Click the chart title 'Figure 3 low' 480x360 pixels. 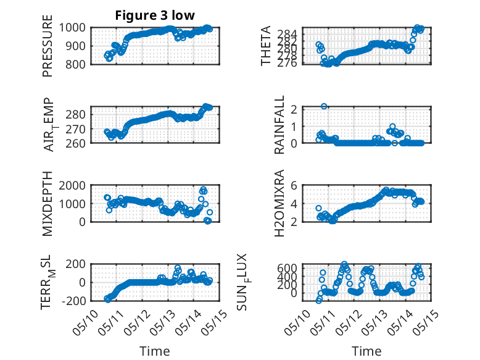point(155,15)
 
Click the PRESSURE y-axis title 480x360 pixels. point(48,46)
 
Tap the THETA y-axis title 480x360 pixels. point(266,46)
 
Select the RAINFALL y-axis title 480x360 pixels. point(279,124)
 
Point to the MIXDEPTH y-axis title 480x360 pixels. point(48,203)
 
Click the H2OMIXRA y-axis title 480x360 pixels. point(279,203)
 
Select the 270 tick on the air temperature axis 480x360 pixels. point(75,129)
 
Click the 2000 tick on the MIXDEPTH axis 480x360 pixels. point(72,185)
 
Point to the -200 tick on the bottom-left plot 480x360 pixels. point(73,301)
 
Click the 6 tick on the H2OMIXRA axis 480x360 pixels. point(294,185)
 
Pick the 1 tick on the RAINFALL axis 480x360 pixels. point(294,126)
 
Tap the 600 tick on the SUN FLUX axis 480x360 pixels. point(287,268)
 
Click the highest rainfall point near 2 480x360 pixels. point(324,106)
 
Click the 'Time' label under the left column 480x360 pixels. point(155,351)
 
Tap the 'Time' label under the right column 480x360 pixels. point(366,351)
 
